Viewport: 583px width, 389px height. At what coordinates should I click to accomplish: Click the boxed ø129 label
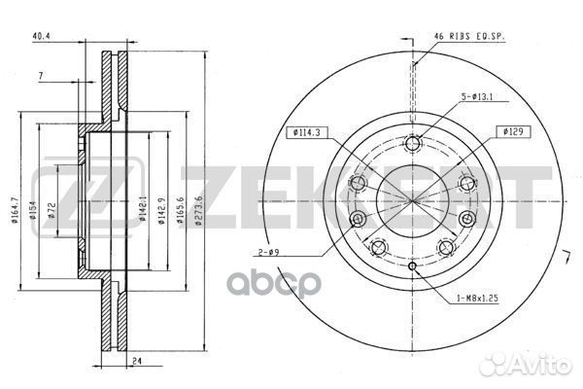(514, 130)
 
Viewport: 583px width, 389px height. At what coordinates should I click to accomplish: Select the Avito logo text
(544, 366)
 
